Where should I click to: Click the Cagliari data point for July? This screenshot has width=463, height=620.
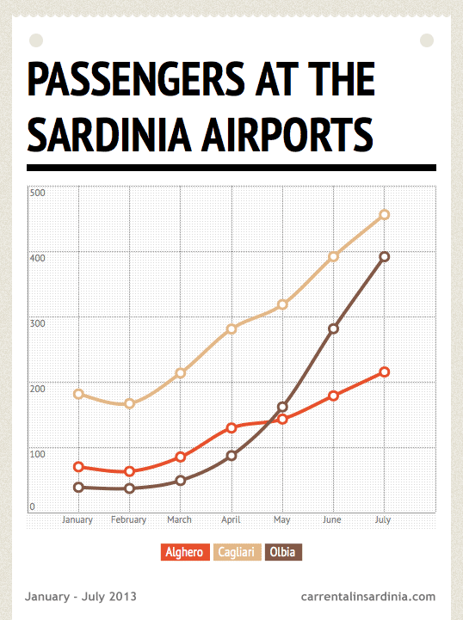click(x=384, y=214)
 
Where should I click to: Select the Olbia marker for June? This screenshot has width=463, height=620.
click(x=333, y=328)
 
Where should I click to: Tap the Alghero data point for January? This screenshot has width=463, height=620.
click(x=78, y=467)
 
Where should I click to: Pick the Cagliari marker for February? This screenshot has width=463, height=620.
click(x=130, y=403)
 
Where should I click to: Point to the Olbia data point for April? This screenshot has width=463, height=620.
click(x=231, y=455)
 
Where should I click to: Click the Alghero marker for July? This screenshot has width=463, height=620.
click(x=384, y=371)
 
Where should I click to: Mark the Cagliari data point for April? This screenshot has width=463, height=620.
click(x=231, y=328)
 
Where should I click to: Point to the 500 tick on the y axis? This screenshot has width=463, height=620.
click(x=37, y=193)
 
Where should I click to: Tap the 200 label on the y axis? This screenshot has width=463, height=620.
click(x=37, y=389)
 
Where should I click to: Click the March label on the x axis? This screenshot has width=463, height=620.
click(x=179, y=520)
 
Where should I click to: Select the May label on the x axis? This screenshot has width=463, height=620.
click(x=281, y=520)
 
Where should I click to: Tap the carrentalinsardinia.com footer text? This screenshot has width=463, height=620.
click(x=368, y=596)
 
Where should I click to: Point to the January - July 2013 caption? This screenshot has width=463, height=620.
click(x=80, y=596)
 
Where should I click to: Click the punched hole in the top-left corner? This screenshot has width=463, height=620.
click(x=36, y=40)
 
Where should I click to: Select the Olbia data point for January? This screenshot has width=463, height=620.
click(x=78, y=487)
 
